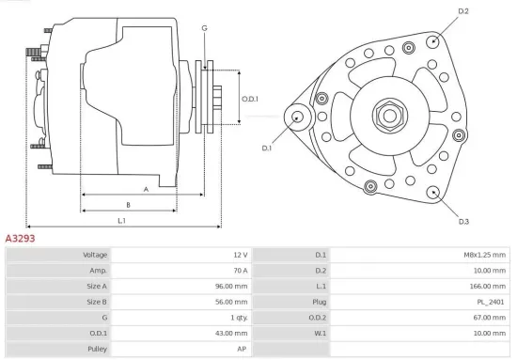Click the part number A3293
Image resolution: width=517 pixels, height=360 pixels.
[x=21, y=239]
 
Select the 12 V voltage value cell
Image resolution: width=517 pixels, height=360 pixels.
[x=238, y=255]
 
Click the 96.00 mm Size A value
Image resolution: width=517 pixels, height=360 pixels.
[x=229, y=287]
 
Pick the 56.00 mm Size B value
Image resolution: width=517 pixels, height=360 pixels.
[x=229, y=302]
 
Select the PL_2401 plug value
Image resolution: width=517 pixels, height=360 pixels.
[x=492, y=302]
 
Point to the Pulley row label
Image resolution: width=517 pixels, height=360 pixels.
[x=97, y=349]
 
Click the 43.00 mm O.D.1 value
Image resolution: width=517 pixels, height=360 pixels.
[x=229, y=333]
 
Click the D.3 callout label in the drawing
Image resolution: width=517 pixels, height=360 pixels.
[x=463, y=222]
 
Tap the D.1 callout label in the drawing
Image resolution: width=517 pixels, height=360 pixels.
[x=267, y=148]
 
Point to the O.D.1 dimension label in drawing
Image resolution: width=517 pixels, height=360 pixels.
[x=249, y=99]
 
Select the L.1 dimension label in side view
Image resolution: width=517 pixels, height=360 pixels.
[x=122, y=221]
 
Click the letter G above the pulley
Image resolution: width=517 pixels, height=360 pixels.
[x=204, y=28]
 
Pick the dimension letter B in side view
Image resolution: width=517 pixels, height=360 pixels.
[x=128, y=204]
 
